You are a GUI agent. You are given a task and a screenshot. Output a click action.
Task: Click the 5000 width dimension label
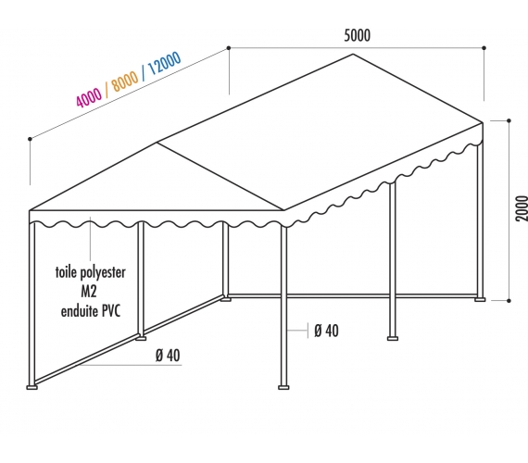tap(357, 35)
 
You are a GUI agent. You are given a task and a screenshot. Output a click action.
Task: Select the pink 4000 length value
tap(89, 97)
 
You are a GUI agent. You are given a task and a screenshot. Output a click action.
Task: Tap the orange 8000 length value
tap(125, 81)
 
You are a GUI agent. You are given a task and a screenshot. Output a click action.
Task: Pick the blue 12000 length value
tap(164, 63)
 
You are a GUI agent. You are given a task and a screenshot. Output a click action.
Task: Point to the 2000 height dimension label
tap(522, 208)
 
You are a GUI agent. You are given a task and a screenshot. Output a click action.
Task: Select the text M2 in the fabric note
tap(89, 292)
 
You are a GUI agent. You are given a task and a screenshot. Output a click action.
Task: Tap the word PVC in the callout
tap(111, 311)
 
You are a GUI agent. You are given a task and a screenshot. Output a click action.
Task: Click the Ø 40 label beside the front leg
tap(326, 331)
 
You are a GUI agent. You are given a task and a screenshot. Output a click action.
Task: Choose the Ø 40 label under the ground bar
tap(168, 356)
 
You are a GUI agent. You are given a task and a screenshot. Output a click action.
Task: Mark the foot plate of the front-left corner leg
tap(32, 388)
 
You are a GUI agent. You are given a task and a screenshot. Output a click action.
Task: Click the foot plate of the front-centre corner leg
tap(283, 388)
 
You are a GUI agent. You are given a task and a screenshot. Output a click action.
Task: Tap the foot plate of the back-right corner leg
tap(480, 299)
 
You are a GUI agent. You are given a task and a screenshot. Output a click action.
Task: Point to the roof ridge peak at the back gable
tap(353, 54)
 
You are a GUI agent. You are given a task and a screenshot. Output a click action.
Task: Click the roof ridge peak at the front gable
tap(157, 143)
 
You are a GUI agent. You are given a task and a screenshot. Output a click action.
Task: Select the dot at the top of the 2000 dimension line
tap(509, 120)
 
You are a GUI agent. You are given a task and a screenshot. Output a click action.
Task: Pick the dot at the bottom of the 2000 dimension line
tap(509, 300)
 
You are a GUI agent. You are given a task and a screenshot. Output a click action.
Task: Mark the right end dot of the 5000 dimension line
tap(484, 48)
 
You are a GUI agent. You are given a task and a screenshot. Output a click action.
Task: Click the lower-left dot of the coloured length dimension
tap(30, 139)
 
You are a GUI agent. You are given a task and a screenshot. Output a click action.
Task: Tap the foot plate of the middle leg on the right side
tap(393, 338)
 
